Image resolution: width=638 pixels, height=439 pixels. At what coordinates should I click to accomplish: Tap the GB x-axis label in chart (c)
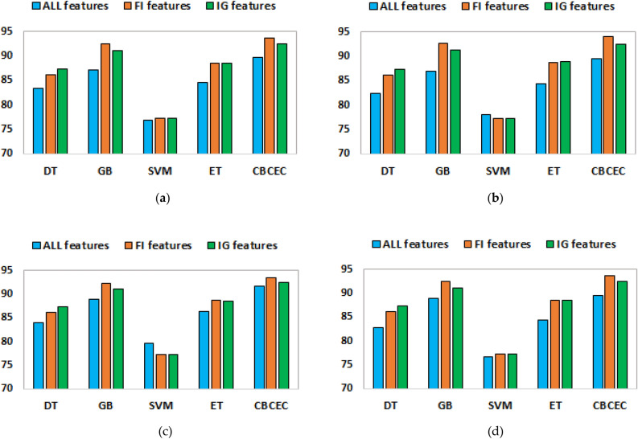pos(105,405)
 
